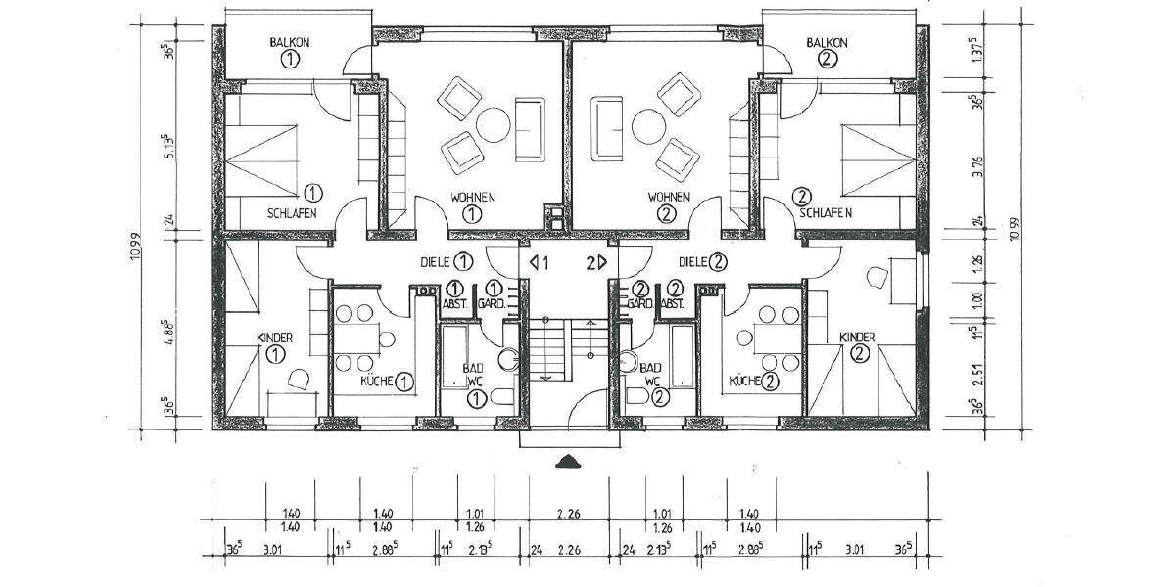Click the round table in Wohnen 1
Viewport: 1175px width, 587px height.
[493, 124]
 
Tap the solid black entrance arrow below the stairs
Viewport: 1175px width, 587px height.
[567, 462]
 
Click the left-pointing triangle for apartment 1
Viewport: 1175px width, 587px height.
[534, 262]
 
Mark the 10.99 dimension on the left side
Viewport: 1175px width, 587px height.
[145, 249]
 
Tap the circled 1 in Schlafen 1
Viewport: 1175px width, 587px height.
[312, 192]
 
